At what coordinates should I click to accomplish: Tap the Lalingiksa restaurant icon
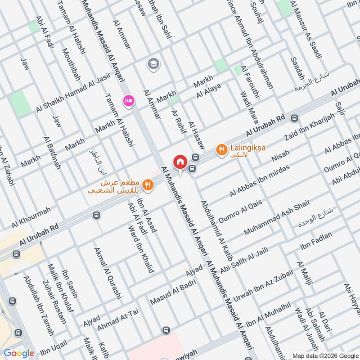pos(221,149)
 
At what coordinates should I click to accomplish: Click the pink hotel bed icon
pos(129,101)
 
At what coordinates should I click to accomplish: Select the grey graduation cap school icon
pos(153,64)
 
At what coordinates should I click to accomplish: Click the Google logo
pos(19,353)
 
